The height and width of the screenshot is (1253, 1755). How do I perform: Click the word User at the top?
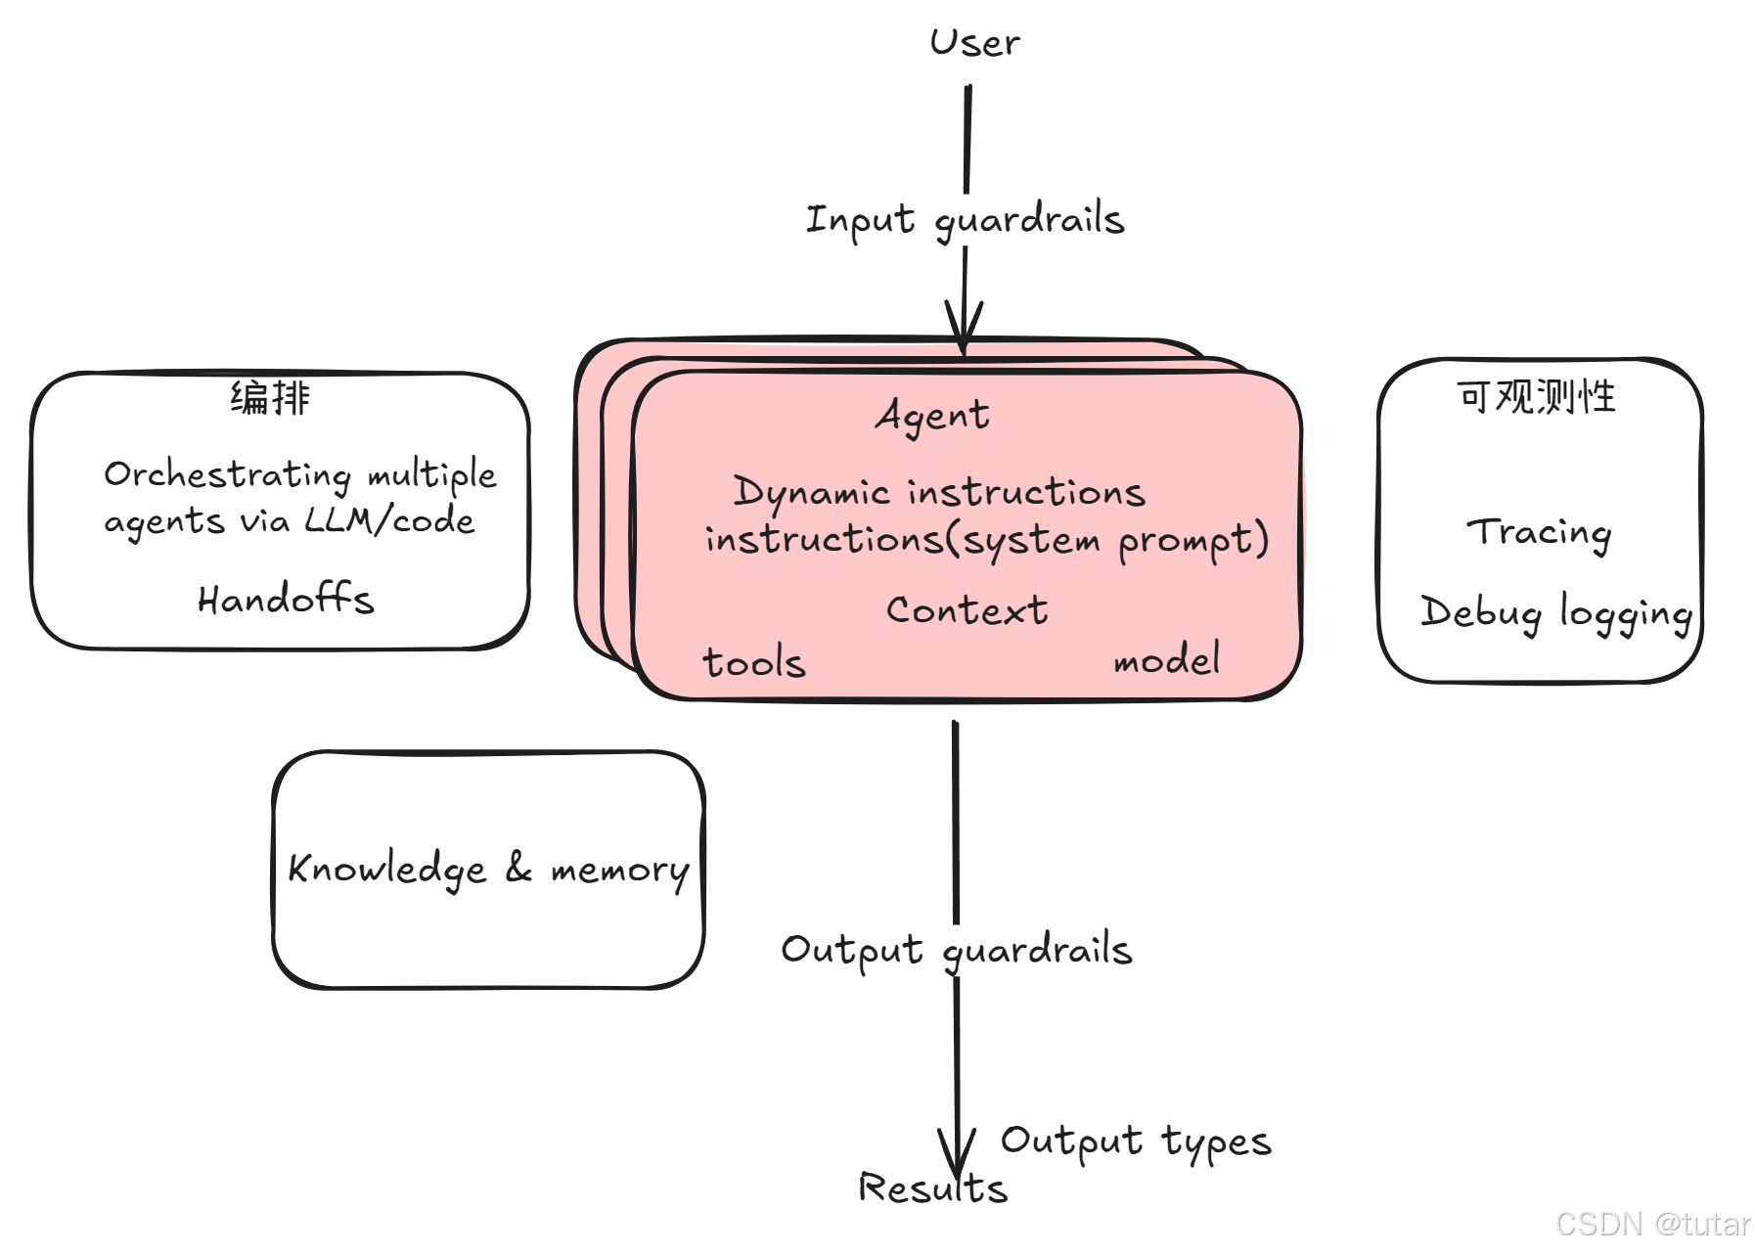tap(974, 43)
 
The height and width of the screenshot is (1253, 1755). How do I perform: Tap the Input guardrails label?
tap(965, 219)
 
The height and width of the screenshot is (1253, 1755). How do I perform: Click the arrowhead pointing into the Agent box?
tap(964, 328)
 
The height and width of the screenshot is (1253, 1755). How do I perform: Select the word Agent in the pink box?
tap(932, 416)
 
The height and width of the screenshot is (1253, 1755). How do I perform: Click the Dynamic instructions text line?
tap(939, 491)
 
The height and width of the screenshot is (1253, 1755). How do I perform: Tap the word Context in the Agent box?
tap(967, 610)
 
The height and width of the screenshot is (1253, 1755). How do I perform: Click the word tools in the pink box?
tap(754, 662)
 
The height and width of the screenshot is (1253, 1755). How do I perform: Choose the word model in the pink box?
tap(1167, 660)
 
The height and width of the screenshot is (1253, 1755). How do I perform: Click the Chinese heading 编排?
tap(270, 398)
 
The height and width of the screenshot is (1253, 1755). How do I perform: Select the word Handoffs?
tap(286, 599)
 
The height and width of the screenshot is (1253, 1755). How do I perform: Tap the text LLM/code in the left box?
tap(389, 520)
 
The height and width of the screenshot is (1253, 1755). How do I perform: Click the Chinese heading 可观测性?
tap(1536, 396)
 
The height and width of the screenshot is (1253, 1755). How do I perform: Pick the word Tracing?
tap(1539, 532)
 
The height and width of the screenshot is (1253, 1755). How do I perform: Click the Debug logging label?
tap(1555, 612)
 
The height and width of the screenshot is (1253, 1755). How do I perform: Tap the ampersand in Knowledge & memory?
tap(518, 867)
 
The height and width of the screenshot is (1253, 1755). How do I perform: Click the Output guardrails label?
tap(956, 950)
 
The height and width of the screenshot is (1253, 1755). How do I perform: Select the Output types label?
tap(1135, 1141)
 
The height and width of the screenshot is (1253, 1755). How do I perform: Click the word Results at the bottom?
tap(932, 1187)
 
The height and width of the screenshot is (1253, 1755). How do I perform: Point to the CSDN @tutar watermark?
tap(1652, 1224)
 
